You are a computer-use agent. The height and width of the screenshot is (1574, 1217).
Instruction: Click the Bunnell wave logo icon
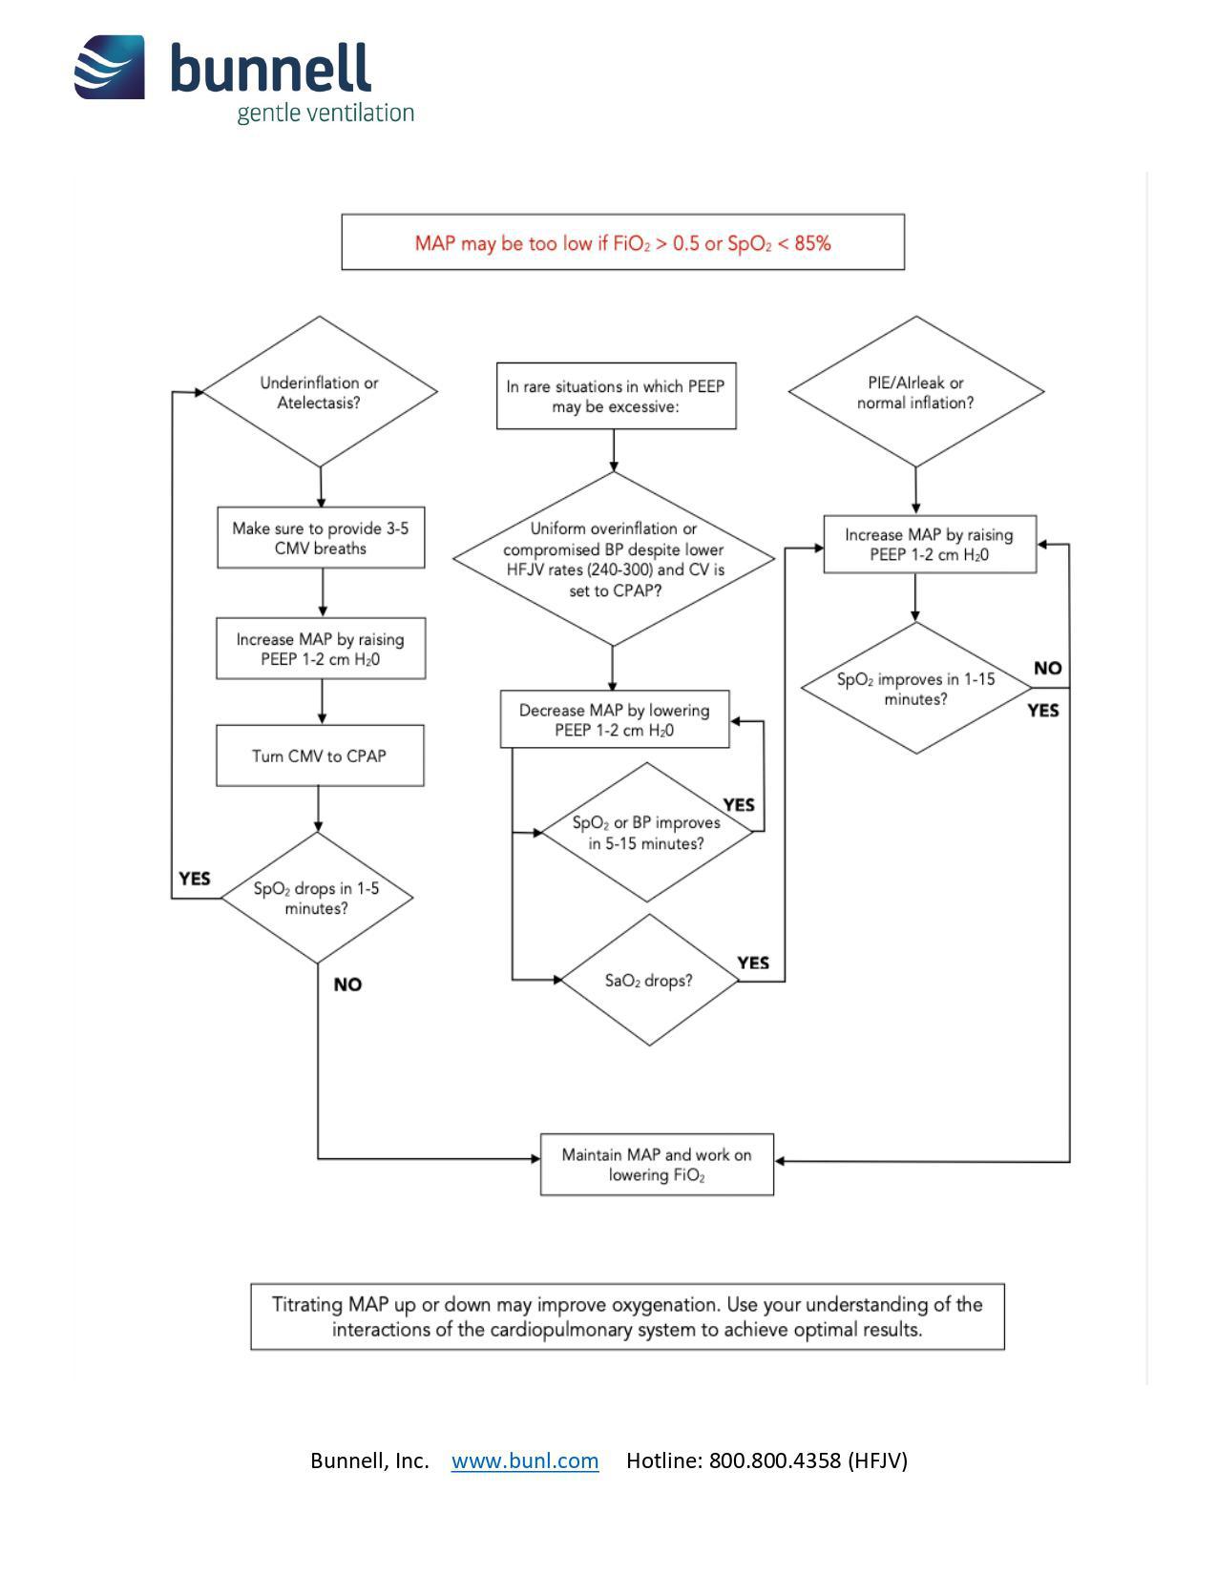(110, 67)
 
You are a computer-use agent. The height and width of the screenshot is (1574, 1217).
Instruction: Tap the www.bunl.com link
(525, 1460)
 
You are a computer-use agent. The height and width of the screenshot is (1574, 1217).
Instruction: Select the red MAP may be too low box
(622, 242)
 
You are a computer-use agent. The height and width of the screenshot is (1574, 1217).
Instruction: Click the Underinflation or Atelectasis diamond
(320, 392)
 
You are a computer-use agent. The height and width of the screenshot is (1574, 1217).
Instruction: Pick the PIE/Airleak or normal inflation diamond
(915, 392)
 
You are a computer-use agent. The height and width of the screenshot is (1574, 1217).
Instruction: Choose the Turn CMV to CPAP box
(320, 756)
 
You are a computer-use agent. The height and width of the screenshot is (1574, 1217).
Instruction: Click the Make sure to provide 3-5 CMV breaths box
(321, 539)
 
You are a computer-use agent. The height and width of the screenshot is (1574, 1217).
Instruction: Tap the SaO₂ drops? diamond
(649, 981)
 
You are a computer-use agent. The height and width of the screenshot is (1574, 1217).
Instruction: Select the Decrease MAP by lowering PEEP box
(615, 719)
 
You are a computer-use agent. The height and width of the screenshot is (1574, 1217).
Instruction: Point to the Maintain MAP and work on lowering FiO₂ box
(657, 1164)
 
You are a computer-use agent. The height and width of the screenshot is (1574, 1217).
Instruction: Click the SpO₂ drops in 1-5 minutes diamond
(317, 898)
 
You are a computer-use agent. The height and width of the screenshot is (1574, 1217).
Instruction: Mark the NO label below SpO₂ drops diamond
(347, 984)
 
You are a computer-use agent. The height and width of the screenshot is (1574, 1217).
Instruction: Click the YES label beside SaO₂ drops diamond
(753, 963)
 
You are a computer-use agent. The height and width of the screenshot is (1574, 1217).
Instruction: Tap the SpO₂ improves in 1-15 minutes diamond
(915, 689)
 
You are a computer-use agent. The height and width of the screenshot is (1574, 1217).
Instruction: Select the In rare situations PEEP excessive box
(616, 396)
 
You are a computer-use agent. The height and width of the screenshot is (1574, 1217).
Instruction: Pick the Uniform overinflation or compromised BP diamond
(614, 559)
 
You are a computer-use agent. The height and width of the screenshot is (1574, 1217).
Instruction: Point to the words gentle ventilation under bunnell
(325, 113)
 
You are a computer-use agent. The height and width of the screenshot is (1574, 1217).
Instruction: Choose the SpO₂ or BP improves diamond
(647, 833)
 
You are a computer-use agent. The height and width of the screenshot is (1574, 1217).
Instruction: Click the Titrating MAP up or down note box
(627, 1316)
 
